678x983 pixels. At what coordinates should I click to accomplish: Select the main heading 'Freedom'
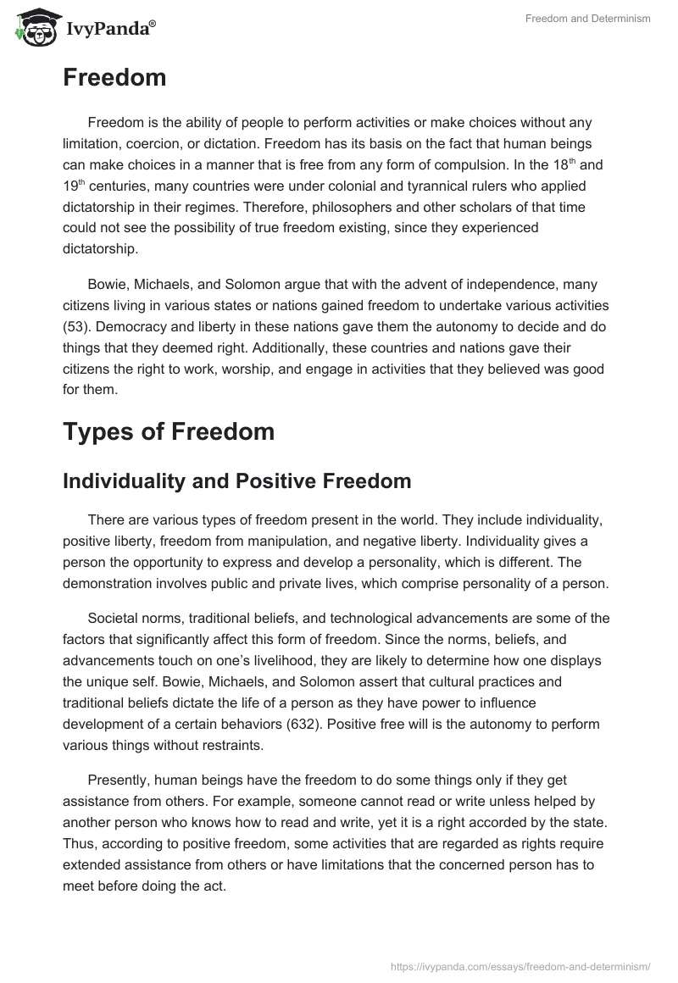point(114,78)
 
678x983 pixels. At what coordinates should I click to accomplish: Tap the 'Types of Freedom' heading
point(169,430)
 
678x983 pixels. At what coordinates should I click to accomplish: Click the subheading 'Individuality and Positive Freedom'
point(237,480)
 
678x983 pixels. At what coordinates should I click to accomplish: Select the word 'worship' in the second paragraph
point(357,370)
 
